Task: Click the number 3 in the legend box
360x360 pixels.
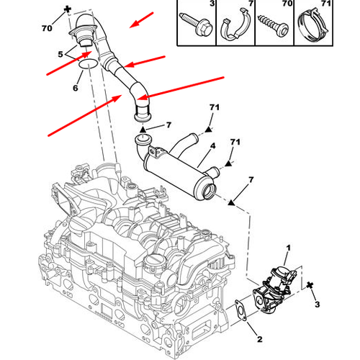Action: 211,6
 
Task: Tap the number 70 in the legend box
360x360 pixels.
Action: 286,6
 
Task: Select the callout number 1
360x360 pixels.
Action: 287,248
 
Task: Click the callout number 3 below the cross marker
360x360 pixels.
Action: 316,305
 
